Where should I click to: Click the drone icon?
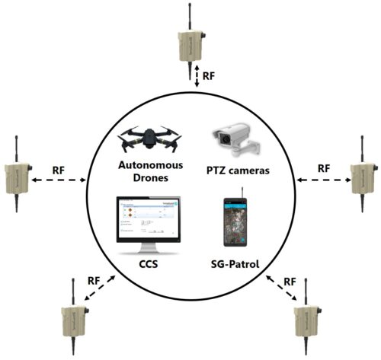[x=149, y=137]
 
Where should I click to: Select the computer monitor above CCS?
[x=148, y=225]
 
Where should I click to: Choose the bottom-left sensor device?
[x=72, y=319]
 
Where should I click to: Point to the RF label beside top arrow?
[x=210, y=76]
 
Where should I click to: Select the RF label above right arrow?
[x=323, y=167]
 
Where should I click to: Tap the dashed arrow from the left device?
[x=60, y=180]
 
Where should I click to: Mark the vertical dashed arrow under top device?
[x=197, y=76]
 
